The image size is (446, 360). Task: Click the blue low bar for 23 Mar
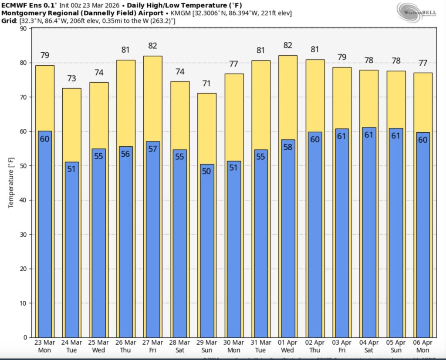pyautogui.click(x=44, y=235)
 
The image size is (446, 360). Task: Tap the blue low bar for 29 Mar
pyautogui.click(x=207, y=257)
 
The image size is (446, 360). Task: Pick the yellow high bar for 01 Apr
pyautogui.click(x=288, y=96)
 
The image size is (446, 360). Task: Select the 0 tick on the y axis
pyautogui.click(x=25, y=337)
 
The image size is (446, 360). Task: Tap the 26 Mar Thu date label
pyautogui.click(x=125, y=346)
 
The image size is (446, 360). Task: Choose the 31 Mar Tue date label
pyautogui.click(x=261, y=346)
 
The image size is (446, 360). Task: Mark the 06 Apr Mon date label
pyautogui.click(x=423, y=346)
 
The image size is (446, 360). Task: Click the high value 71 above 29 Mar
pyautogui.click(x=207, y=83)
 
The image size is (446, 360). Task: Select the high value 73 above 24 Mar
pyautogui.click(x=71, y=78)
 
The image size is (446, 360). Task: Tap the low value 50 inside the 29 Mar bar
pyautogui.click(x=207, y=171)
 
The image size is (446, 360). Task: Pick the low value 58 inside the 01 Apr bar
pyautogui.click(x=288, y=147)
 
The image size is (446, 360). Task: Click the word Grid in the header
pyautogui.click(x=9, y=20)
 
